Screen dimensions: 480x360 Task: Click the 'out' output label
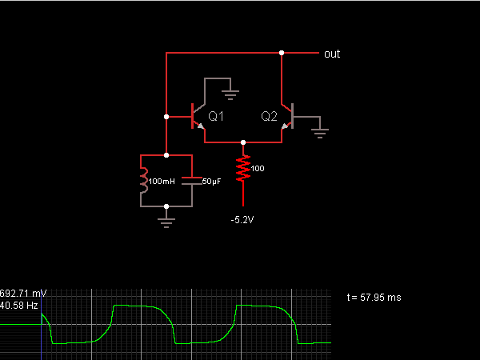(332, 54)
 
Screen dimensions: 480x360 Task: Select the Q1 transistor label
(216, 116)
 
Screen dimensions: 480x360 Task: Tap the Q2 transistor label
(269, 116)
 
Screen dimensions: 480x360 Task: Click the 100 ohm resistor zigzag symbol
(243, 168)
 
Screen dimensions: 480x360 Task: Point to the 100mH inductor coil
(144, 181)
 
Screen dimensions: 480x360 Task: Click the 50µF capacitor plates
(192, 181)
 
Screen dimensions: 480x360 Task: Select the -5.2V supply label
(242, 220)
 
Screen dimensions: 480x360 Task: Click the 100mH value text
(162, 182)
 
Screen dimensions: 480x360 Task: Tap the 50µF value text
(211, 182)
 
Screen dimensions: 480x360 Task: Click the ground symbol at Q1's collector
(230, 95)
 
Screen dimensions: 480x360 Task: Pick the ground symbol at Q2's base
(320, 134)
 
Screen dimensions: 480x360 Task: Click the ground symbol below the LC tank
(166, 223)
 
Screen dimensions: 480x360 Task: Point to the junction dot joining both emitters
(243, 142)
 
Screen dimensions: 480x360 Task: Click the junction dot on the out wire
(282, 53)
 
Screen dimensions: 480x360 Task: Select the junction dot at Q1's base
(166, 117)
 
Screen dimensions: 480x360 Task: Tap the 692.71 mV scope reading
(23, 294)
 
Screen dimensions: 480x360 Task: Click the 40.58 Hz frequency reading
(19, 306)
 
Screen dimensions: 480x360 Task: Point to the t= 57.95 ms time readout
(374, 298)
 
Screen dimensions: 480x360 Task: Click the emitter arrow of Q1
(201, 126)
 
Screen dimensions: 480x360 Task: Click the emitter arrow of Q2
(285, 126)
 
